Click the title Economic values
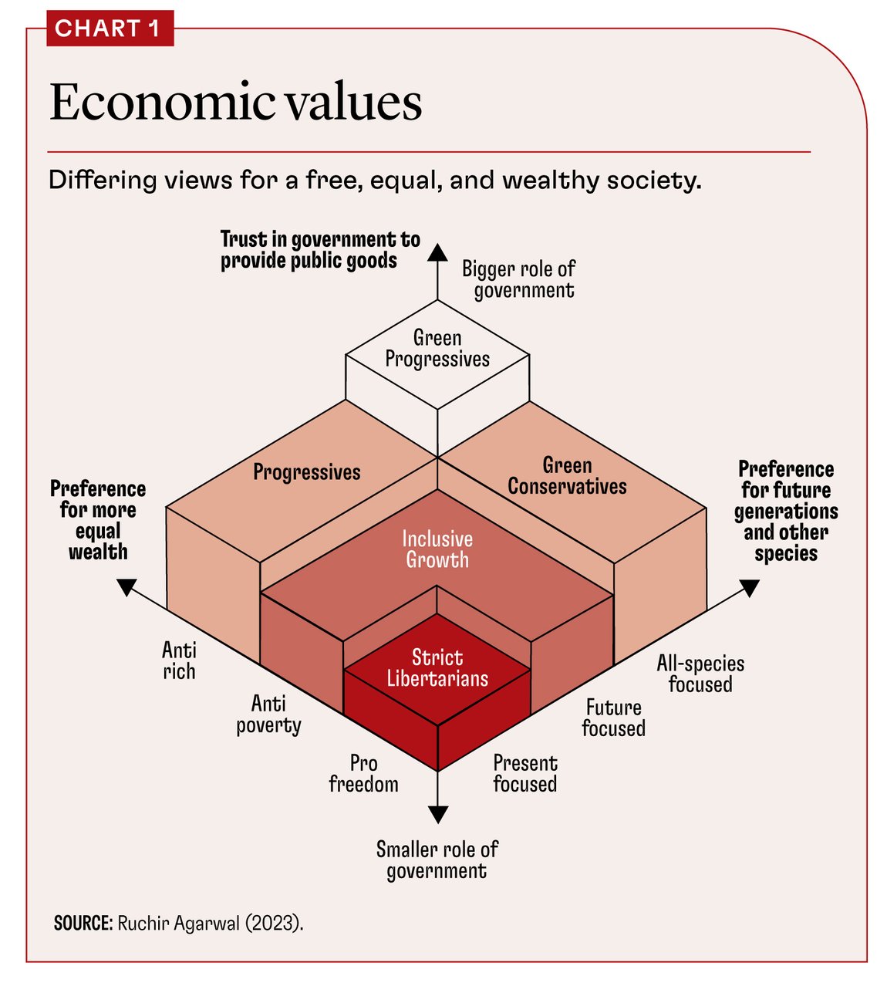coord(236,102)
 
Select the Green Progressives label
coord(437,349)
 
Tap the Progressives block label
coord(307,472)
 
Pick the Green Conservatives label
coord(567,476)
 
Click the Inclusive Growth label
coord(437,549)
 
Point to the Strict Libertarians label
coord(437,668)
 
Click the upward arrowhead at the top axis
coord(437,254)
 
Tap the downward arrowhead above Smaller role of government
coord(437,813)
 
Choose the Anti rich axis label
coord(179,661)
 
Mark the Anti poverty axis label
coord(268,714)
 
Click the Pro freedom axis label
coord(363,774)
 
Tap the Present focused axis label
coord(524,774)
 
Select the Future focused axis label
coord(613,718)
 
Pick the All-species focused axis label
coord(700,674)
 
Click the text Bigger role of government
coord(520,279)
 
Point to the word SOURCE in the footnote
coord(83,924)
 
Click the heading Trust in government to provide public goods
coord(319,250)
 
